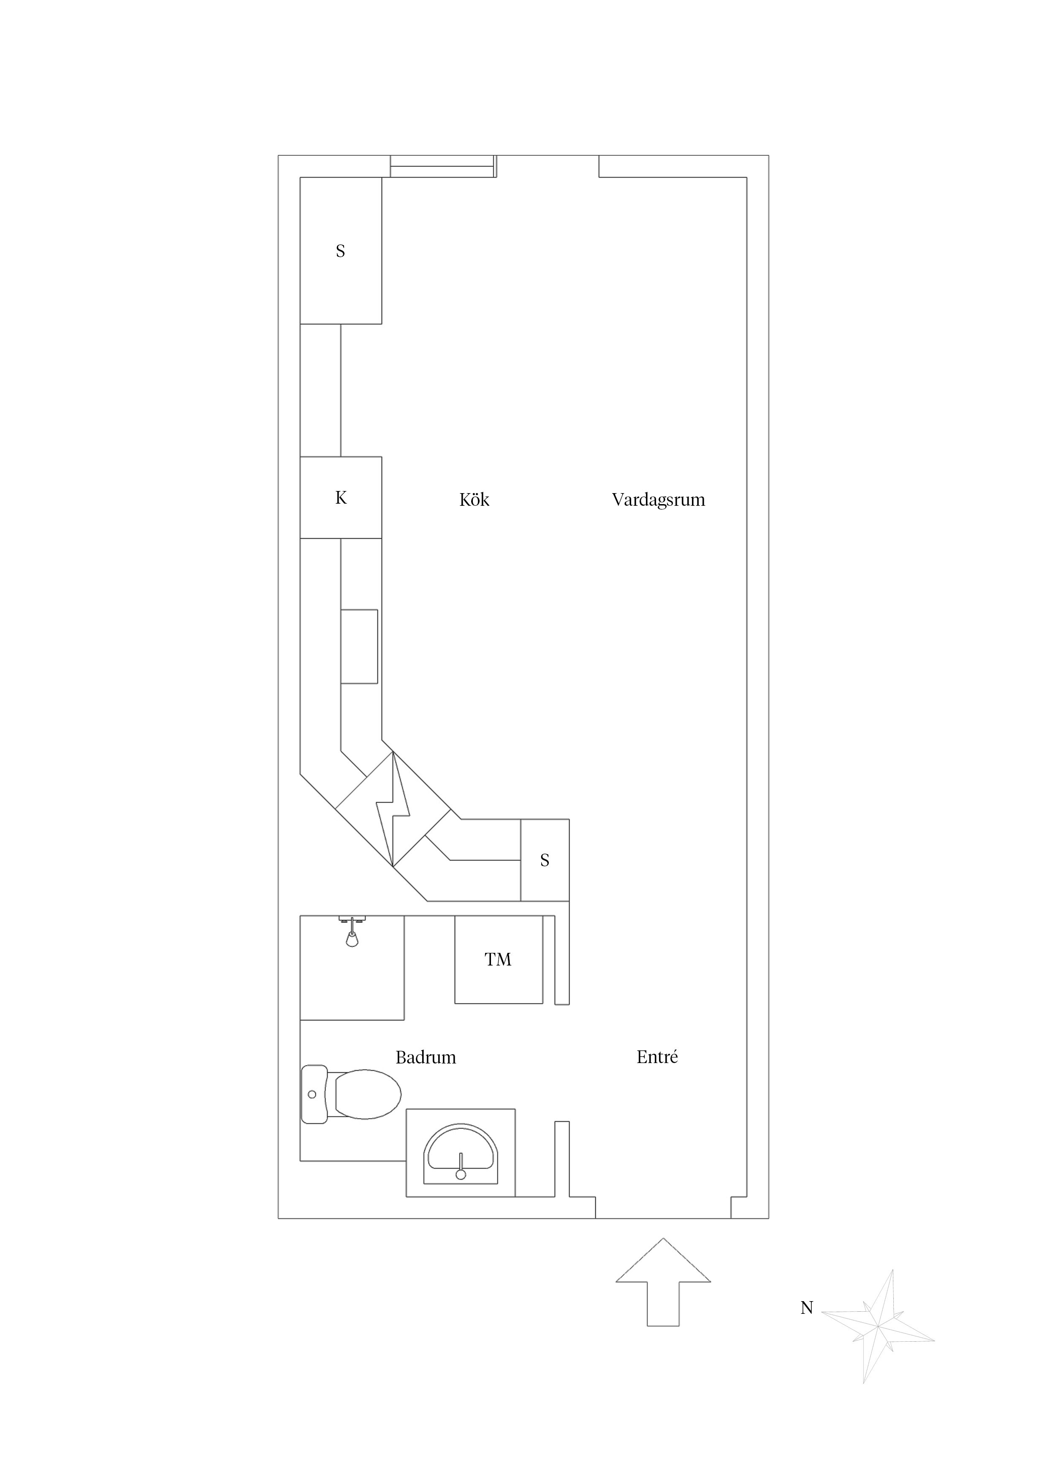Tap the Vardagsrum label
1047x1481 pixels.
[x=658, y=500]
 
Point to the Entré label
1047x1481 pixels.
[x=657, y=1057]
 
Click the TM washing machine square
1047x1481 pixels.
[x=498, y=960]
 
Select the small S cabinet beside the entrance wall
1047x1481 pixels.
[x=545, y=860]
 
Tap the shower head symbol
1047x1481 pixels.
[x=352, y=939]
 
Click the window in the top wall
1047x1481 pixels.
[x=442, y=166]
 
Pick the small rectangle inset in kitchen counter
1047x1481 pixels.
[x=359, y=646]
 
